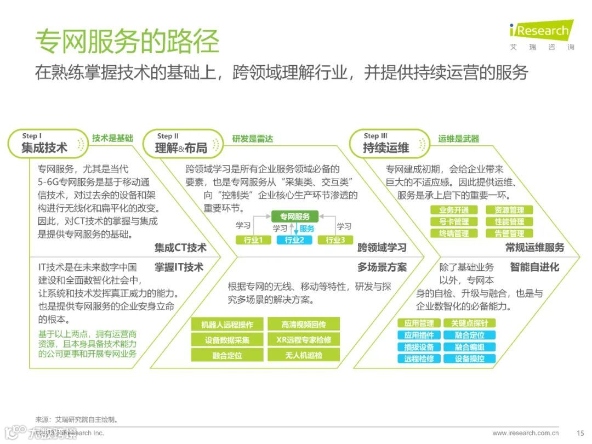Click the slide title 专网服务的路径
pos(127,41)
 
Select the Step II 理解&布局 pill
pos(183,144)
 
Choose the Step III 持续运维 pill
pos(389,144)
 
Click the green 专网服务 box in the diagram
pos(295,217)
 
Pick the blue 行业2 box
pos(295,240)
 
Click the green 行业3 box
pos(335,240)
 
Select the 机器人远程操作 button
pos(227,324)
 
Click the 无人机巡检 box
pos(304,355)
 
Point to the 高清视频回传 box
pos(304,324)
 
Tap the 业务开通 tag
pos(454,210)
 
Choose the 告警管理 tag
pos(509,234)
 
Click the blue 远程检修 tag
pos(419,359)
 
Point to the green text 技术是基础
pos(112,138)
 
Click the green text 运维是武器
pos(458,139)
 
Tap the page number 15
pos(580,433)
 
